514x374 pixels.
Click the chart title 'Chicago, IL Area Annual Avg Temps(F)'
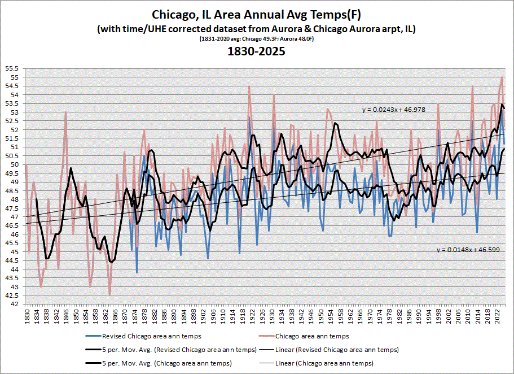coord(257,13)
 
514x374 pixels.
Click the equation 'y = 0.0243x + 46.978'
coord(393,109)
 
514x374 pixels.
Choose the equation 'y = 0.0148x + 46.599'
coord(468,249)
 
